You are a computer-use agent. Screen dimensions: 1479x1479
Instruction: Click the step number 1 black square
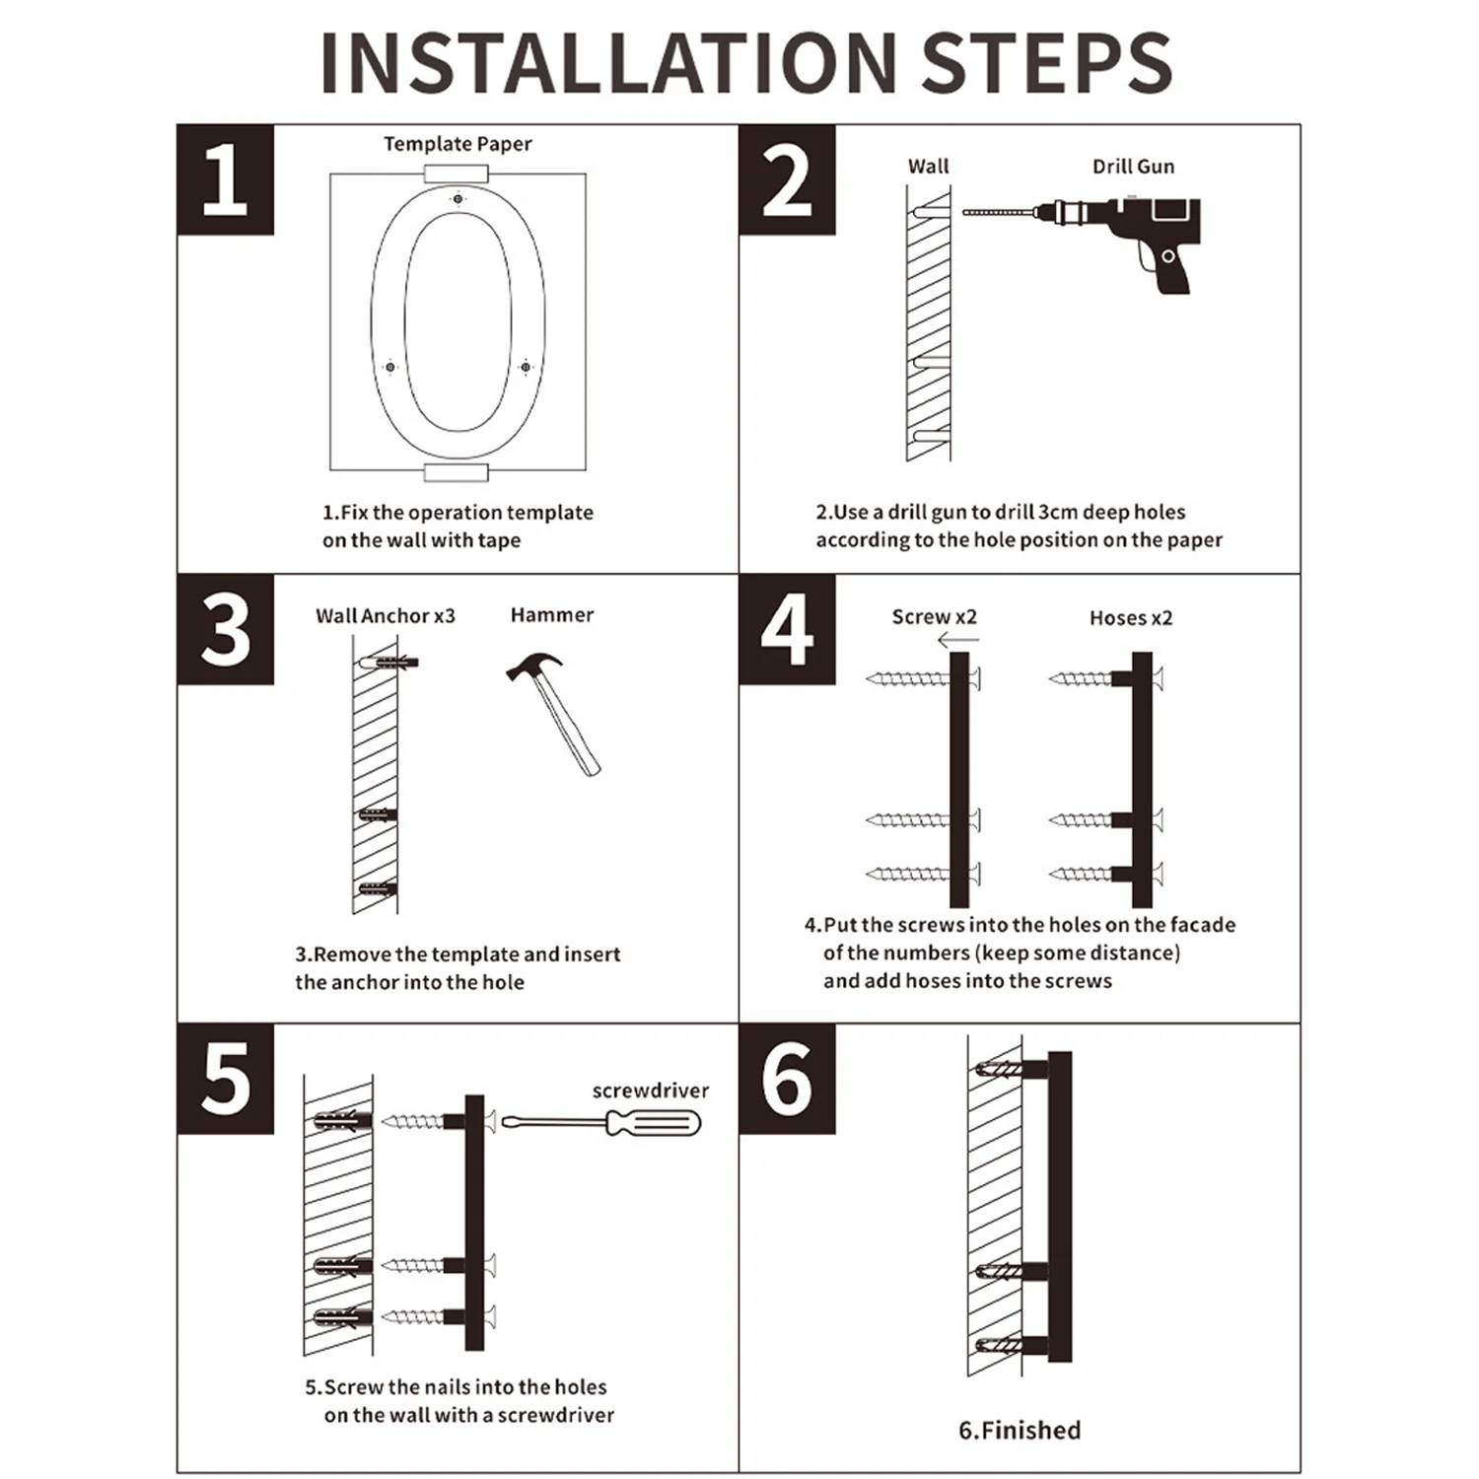tap(226, 179)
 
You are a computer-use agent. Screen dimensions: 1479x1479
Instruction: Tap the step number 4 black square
tap(787, 629)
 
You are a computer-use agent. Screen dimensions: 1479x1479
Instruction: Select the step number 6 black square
tap(787, 1079)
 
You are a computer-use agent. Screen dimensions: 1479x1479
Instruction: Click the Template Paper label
tap(458, 144)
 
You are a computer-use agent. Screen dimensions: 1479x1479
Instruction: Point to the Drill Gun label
tap(1133, 167)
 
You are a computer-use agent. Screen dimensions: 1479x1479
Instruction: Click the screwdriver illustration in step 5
tap(601, 1122)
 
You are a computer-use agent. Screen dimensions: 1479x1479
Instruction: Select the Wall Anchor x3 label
tap(386, 616)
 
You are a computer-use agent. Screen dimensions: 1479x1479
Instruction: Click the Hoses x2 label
tap(1131, 618)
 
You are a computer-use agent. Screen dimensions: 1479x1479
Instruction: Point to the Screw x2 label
tap(934, 617)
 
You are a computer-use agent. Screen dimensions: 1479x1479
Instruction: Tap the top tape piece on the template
tap(457, 175)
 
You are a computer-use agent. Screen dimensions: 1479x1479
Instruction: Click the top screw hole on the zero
tap(458, 199)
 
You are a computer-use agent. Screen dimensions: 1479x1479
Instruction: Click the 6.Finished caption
tap(1020, 1430)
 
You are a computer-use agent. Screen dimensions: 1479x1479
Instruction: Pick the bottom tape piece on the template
tap(457, 472)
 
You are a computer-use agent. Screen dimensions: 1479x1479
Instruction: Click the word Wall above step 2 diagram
tap(928, 167)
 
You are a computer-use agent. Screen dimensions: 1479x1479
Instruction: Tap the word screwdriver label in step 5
tap(651, 1091)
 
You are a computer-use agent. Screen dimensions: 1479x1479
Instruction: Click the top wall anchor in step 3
tap(389, 662)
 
